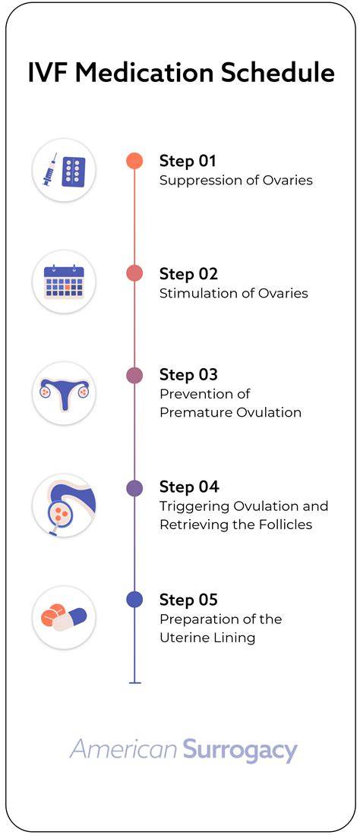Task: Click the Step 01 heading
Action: pyautogui.click(x=188, y=161)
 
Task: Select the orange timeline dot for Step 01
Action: pyautogui.click(x=134, y=161)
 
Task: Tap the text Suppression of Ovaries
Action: pyautogui.click(x=236, y=181)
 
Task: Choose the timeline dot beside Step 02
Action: pyautogui.click(x=134, y=273)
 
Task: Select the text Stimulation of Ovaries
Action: pyautogui.click(x=234, y=294)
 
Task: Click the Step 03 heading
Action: pyautogui.click(x=188, y=374)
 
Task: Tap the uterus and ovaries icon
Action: pyautogui.click(x=64, y=393)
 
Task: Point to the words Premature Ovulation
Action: pyautogui.click(x=231, y=413)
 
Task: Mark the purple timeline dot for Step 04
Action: pyautogui.click(x=134, y=488)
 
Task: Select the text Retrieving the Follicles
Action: pyautogui.click(x=236, y=525)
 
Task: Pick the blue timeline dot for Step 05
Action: pyautogui.click(x=134, y=600)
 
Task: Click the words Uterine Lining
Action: pyautogui.click(x=207, y=638)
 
